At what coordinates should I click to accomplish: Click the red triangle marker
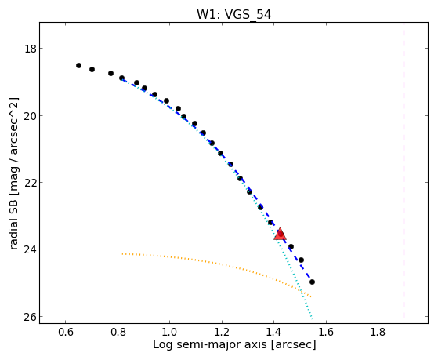point(281,235)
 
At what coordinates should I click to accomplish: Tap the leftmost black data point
point(79,65)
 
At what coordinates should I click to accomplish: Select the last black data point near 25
point(313,282)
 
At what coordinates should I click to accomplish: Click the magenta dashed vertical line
point(404,170)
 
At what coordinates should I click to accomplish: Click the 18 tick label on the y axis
point(31,49)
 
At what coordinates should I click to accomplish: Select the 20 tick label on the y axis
point(31,115)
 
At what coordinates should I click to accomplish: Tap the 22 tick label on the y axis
point(31,183)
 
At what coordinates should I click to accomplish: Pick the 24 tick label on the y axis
point(31,249)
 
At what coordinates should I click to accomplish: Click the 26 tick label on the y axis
point(31,316)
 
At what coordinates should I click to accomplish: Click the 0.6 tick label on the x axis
point(65,332)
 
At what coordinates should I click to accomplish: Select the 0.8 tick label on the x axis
point(118,332)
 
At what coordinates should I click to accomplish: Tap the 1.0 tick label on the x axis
point(169,332)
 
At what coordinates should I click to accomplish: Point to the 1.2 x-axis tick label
point(222,332)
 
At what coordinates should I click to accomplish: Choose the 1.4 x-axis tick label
point(273,332)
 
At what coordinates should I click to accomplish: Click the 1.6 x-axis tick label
point(326,332)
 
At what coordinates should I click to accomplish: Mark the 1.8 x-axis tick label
point(378,332)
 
